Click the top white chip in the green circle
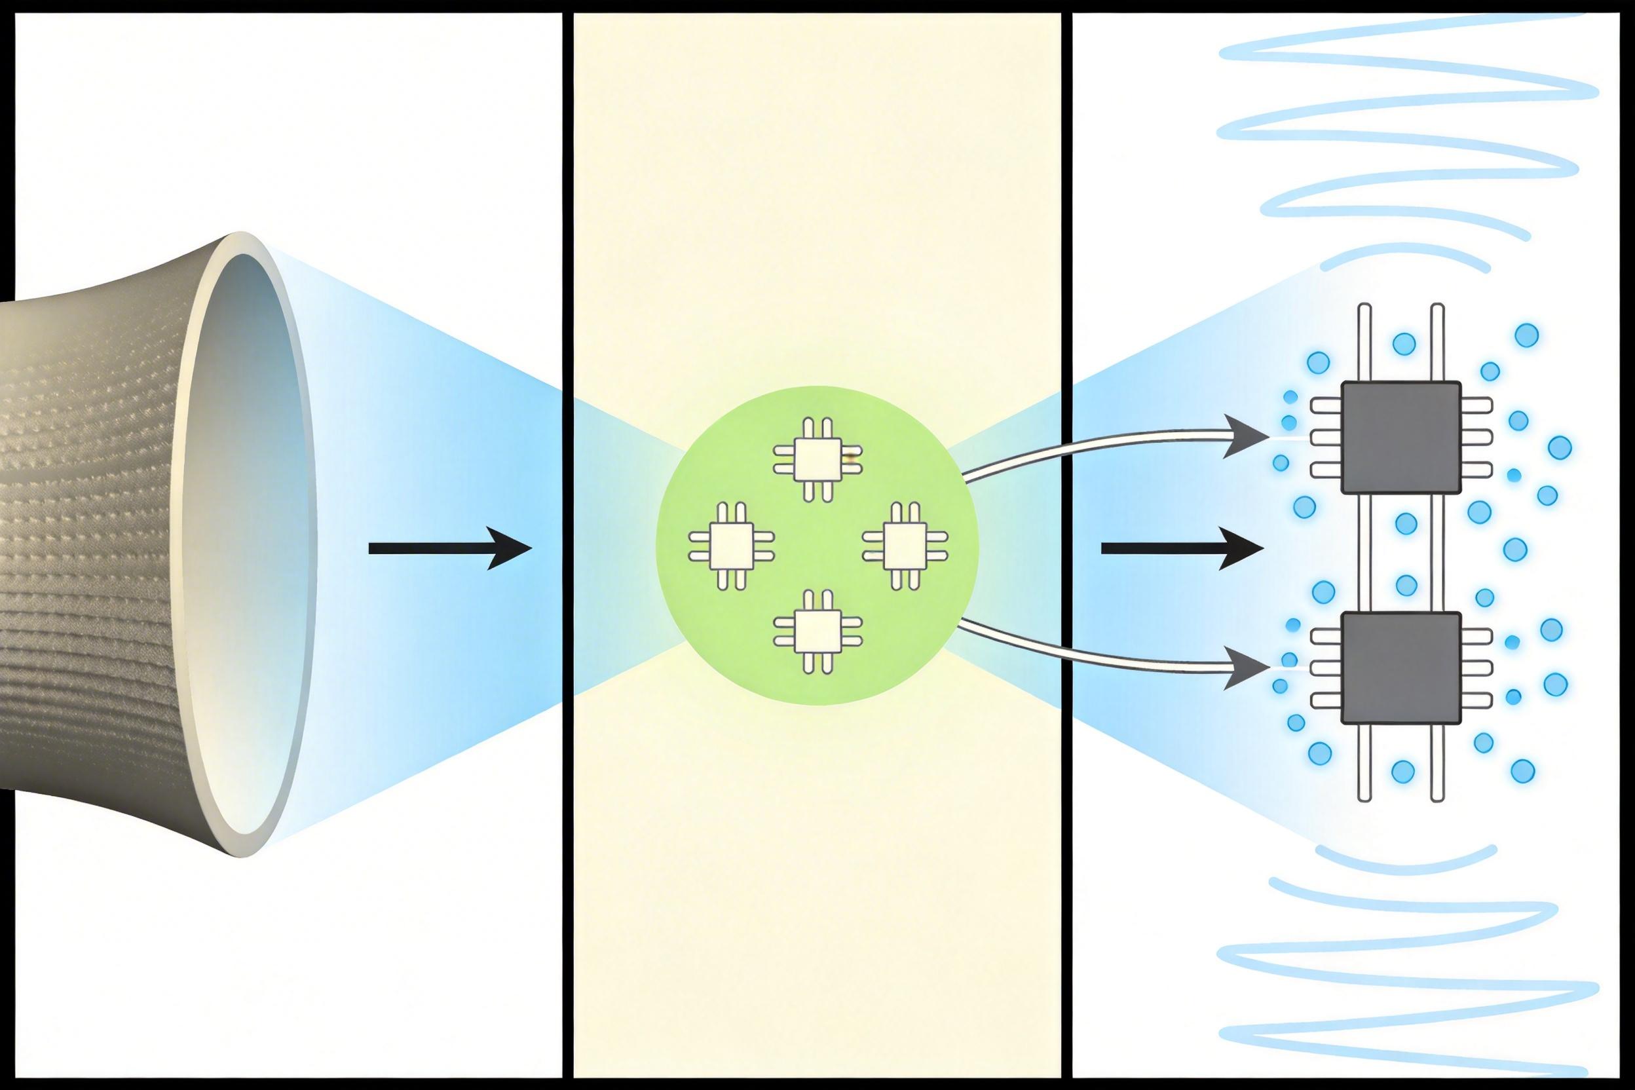click(x=817, y=459)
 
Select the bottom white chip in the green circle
click(x=817, y=631)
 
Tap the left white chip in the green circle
click(x=731, y=546)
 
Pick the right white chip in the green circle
click(x=905, y=546)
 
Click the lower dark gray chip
click(x=1400, y=667)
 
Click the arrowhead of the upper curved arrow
click(x=1246, y=436)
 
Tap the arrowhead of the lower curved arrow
click(x=1246, y=668)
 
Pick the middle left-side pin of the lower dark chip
click(x=1326, y=667)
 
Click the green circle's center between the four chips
click(x=817, y=546)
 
